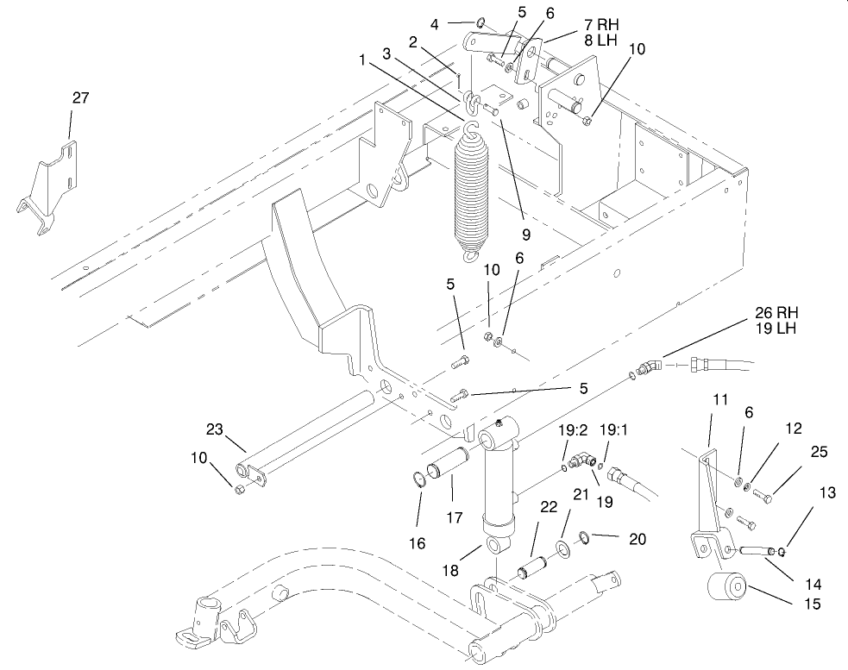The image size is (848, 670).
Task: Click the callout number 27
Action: click(80, 98)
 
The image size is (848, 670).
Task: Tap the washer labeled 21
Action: click(562, 548)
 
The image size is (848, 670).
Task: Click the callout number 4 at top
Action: click(434, 23)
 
